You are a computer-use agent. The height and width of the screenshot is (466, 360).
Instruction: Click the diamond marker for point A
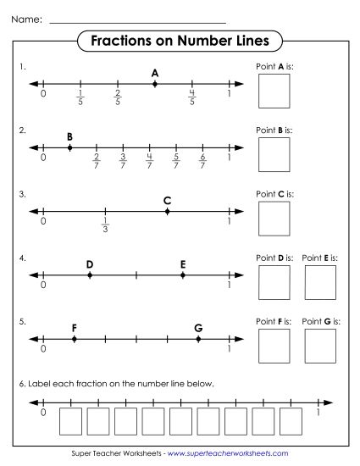click(155, 84)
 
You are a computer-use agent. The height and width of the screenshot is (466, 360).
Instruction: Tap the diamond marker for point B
click(69, 147)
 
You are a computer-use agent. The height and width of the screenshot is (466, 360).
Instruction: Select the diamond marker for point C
click(167, 211)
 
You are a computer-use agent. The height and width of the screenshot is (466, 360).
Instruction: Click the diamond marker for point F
click(75, 339)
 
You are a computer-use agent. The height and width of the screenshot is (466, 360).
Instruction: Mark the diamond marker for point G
click(198, 339)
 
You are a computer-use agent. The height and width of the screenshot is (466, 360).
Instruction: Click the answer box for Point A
click(274, 91)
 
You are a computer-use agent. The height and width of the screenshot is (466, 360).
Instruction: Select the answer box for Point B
click(274, 154)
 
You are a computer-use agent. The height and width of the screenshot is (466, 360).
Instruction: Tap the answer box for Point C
click(274, 218)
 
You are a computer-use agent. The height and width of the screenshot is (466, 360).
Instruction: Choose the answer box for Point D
click(274, 281)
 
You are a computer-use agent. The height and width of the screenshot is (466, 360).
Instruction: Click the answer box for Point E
click(320, 281)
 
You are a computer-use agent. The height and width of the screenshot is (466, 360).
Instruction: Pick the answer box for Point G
click(320, 345)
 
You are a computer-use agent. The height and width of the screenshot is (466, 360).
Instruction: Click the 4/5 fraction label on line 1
click(192, 97)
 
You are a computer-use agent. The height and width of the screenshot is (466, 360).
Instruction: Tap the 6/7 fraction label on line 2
click(202, 161)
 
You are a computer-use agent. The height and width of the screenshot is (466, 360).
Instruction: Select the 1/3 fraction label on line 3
click(105, 225)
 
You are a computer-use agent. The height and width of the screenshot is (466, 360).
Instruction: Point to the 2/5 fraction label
click(117, 97)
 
